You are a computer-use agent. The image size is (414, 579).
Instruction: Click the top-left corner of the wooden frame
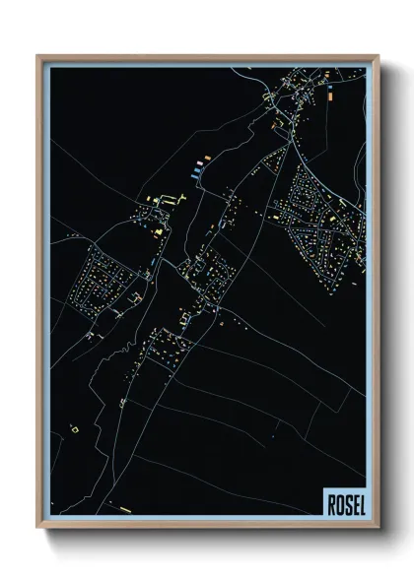[38, 56]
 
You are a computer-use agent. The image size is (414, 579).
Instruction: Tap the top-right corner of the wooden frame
[376, 56]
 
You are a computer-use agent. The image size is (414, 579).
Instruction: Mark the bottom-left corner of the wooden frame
[38, 527]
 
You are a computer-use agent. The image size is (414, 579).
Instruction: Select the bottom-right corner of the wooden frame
[376, 527]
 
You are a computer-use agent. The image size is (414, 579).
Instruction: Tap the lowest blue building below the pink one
[197, 173]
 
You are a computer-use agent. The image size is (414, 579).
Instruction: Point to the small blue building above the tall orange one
[328, 83]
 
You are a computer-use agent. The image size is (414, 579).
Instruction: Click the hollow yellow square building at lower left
[72, 428]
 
